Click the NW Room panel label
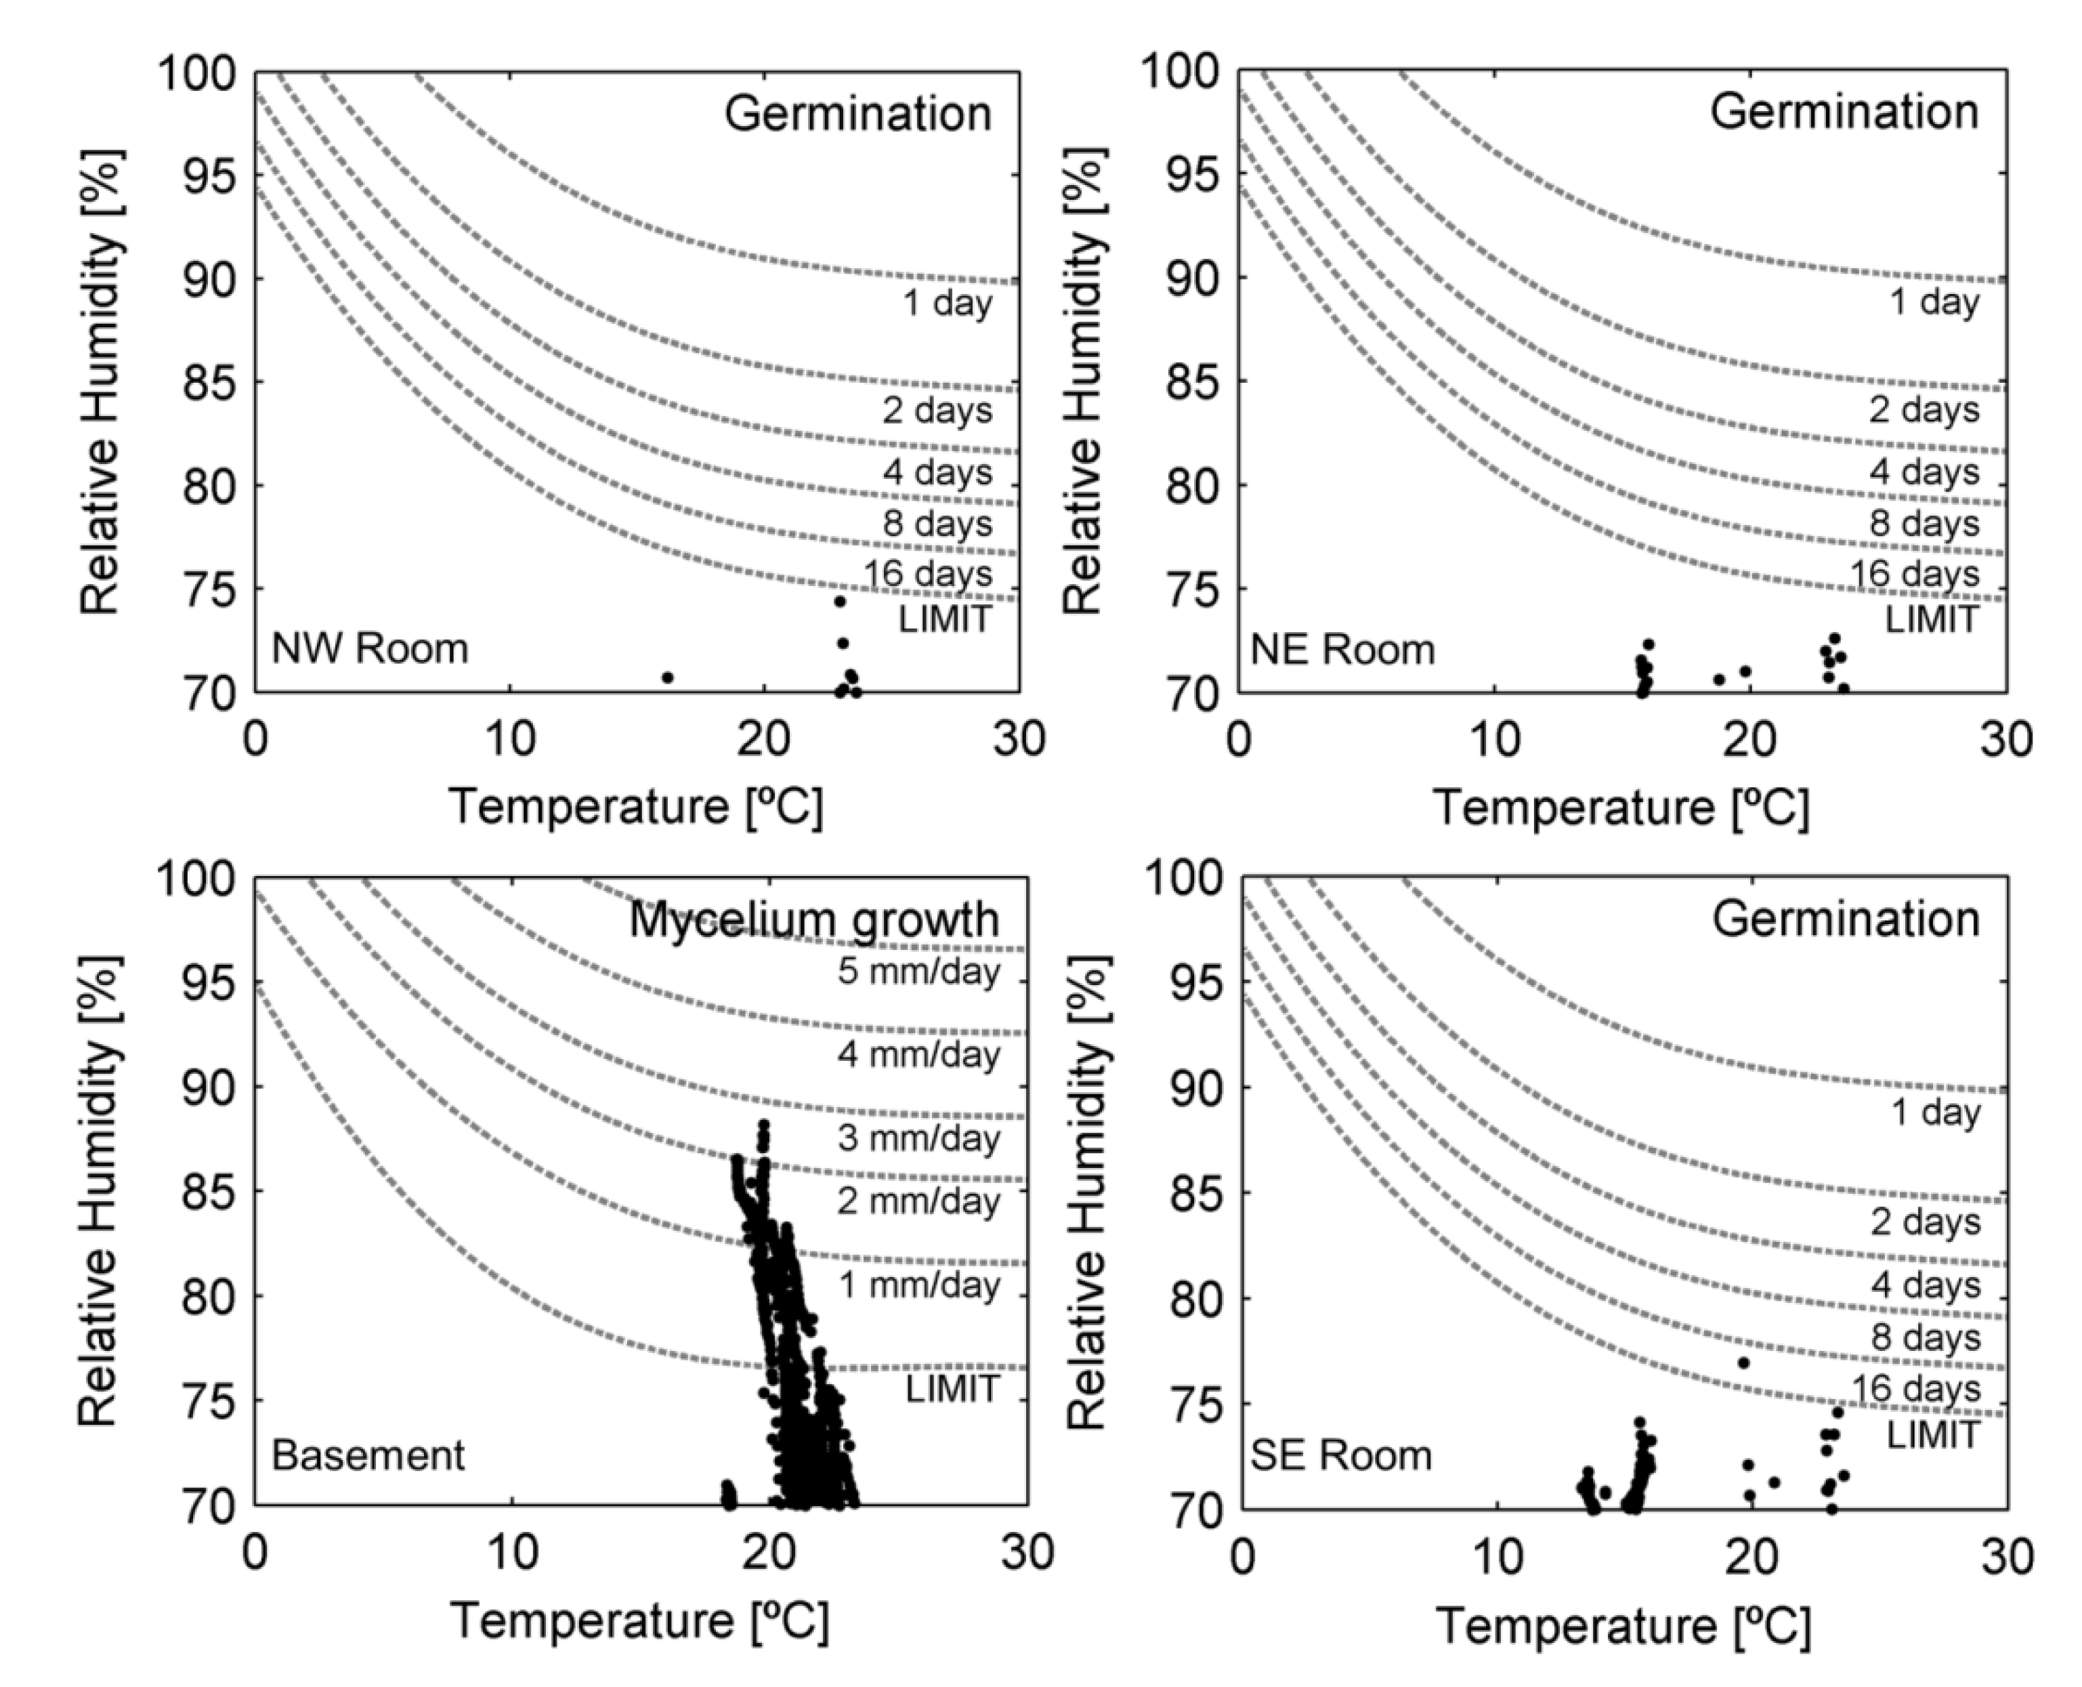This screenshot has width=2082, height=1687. (x=369, y=648)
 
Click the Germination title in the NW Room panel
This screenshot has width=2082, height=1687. (x=858, y=114)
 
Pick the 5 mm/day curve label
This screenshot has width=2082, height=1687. (x=919, y=971)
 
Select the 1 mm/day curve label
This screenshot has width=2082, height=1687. (x=919, y=1285)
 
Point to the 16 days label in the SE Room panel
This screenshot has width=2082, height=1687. (x=1915, y=1389)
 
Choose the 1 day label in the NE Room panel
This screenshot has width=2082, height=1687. (x=1934, y=302)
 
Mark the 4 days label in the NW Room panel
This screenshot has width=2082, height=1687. (x=937, y=472)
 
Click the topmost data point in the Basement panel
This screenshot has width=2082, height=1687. (x=763, y=1125)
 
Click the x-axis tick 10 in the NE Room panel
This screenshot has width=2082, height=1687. (x=1494, y=741)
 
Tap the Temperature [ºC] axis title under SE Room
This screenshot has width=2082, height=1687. (x=1623, y=1626)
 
